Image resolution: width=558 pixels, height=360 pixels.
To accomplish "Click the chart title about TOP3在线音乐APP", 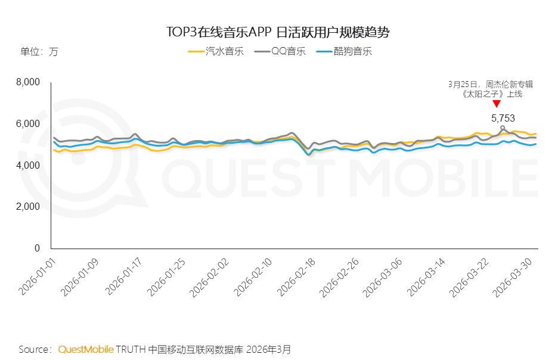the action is click(278, 32).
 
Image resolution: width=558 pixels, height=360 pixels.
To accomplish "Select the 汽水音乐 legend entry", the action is click(216, 51).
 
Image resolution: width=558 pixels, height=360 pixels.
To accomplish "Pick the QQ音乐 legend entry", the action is click(280, 51).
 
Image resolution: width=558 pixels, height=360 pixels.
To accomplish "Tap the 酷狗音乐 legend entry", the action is click(344, 51).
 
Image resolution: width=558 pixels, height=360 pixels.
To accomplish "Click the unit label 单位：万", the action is click(39, 52).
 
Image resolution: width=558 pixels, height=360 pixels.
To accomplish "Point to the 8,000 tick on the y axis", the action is click(28, 82).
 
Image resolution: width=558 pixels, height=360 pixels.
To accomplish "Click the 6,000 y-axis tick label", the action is click(28, 124).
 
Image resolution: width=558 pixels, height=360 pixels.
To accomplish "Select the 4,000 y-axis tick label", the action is click(28, 166).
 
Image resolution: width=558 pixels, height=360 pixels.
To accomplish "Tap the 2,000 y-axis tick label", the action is click(28, 207).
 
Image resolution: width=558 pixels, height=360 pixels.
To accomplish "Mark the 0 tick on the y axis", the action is click(37, 249).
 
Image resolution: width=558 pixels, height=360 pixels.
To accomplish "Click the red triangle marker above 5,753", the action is click(497, 104).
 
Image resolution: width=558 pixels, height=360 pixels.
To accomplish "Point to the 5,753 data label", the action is click(503, 118).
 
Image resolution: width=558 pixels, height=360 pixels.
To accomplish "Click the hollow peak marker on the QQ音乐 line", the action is click(503, 128).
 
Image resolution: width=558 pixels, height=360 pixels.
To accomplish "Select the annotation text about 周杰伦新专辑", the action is click(491, 89).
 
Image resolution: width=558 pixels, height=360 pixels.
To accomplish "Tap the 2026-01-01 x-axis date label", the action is click(37, 277).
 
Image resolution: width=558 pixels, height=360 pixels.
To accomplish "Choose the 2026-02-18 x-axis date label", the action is click(296, 277).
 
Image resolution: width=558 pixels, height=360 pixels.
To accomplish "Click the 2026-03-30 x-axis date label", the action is click(513, 277).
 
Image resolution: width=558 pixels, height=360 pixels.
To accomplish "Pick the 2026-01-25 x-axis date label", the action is click(166, 277).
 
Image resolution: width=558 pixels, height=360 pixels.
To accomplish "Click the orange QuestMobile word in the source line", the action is click(86, 349).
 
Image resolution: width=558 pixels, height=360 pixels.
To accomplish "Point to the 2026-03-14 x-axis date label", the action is click(426, 277).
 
